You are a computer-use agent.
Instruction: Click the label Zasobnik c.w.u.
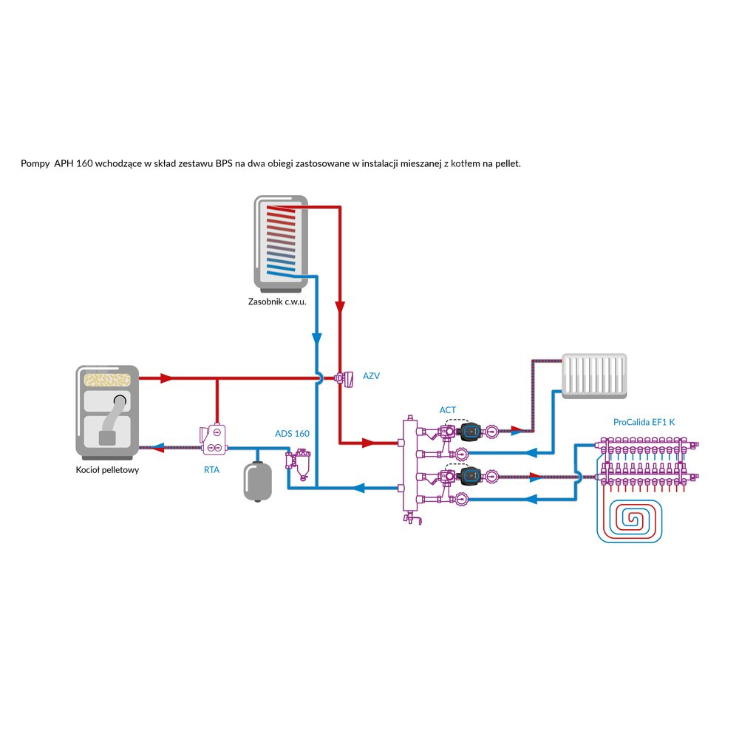coord(277,302)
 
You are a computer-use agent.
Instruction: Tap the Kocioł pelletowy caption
coord(108,470)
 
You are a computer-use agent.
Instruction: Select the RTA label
coord(211,469)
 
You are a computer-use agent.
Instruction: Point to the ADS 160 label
coord(292,433)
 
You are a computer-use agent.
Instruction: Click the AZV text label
coord(371,376)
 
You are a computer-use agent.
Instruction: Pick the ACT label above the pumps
coord(448,409)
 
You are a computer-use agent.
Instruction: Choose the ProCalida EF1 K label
coord(644,422)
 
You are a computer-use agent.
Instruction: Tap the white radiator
coord(595,375)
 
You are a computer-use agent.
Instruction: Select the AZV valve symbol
coord(345,378)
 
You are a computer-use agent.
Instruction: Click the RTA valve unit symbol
coord(213,439)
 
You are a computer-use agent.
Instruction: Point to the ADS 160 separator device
coord(301,465)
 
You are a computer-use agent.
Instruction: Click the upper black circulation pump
coord(469,429)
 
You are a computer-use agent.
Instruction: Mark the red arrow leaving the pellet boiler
coord(166,378)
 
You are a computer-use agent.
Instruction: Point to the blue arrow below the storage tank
coord(316,339)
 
